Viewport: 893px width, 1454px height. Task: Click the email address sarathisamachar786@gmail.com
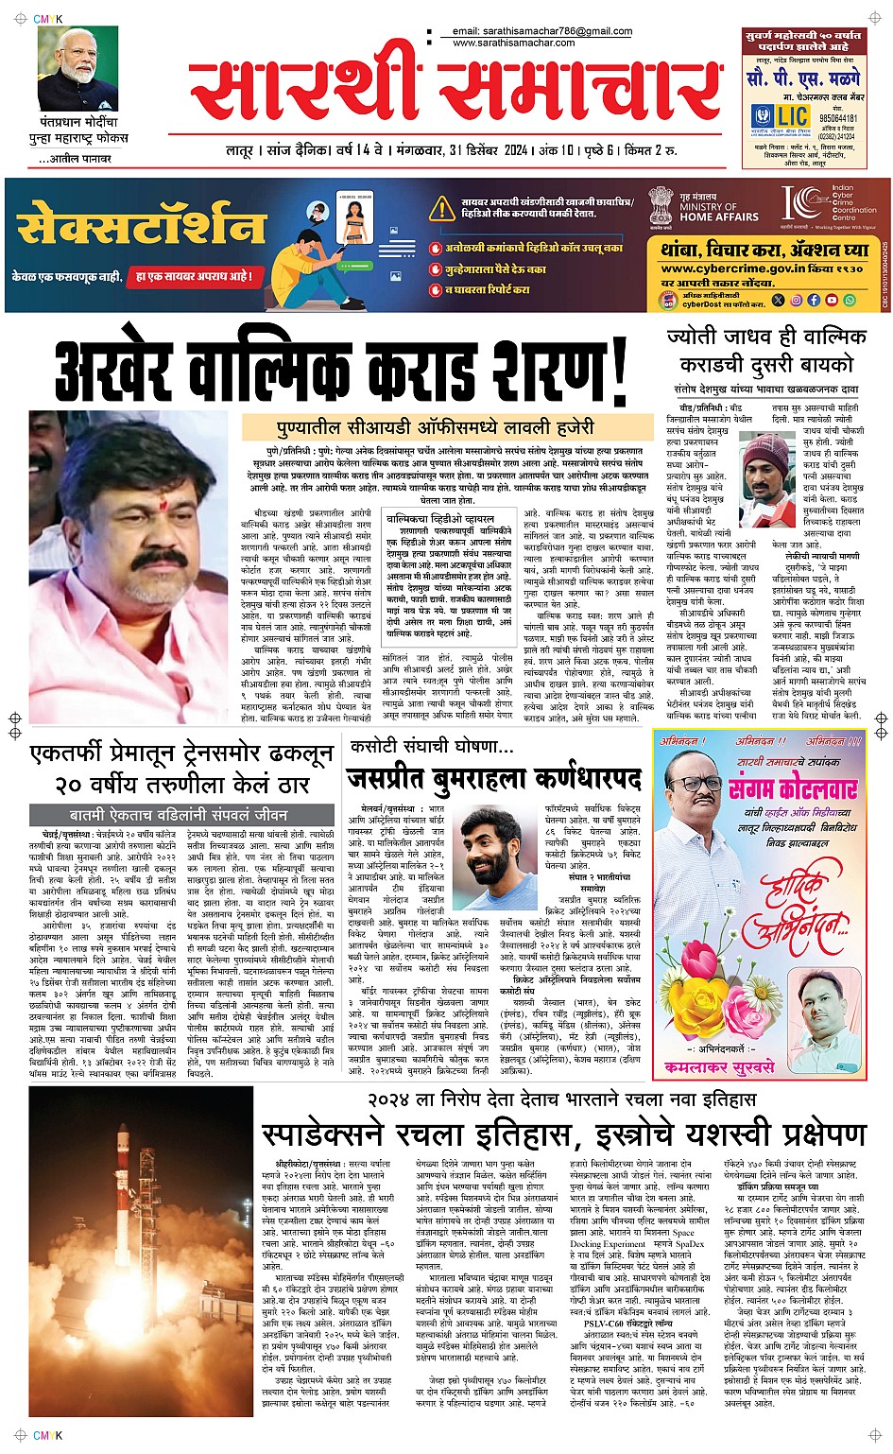point(541,31)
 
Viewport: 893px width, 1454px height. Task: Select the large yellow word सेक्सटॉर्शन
point(142,227)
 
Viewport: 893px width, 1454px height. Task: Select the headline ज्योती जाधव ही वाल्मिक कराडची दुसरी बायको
point(765,350)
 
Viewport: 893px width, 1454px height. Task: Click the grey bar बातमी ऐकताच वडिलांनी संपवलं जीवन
point(178,814)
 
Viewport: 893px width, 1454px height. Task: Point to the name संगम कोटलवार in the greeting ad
point(793,788)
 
